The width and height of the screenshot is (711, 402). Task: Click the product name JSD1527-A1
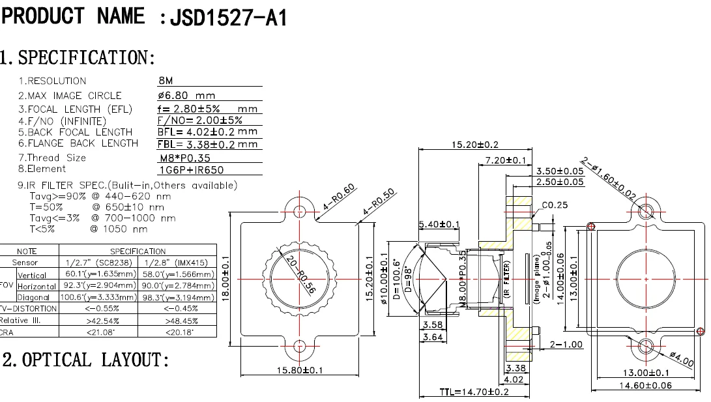(228, 18)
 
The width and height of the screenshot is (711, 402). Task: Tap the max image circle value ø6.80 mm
(186, 95)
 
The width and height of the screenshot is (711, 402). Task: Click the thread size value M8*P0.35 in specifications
(185, 158)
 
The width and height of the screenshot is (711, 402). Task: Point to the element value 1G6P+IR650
(191, 169)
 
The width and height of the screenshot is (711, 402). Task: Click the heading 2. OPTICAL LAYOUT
(86, 360)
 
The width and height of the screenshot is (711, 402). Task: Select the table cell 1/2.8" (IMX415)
(178, 262)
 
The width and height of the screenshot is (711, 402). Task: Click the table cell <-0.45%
(178, 309)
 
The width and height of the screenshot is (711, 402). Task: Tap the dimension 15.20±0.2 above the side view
(474, 144)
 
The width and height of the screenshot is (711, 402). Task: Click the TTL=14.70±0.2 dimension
(474, 392)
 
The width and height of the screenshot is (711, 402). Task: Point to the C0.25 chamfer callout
(555, 205)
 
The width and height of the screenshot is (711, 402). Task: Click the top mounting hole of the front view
(300, 211)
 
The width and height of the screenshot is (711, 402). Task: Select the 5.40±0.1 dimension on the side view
(439, 225)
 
